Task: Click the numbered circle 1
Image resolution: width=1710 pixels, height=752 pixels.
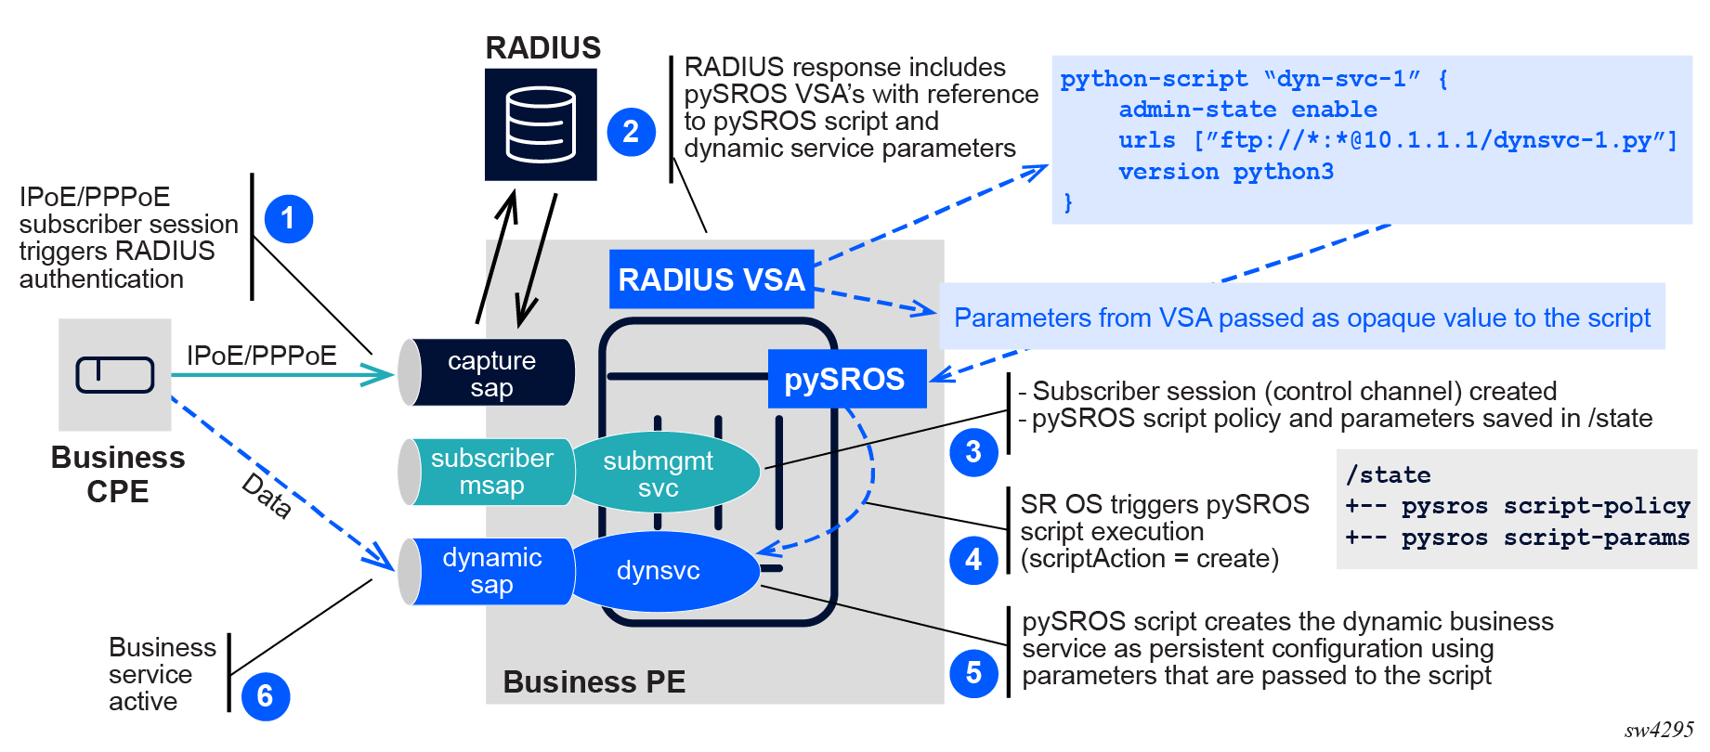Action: [288, 219]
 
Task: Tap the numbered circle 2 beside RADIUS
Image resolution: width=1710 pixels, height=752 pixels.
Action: [631, 132]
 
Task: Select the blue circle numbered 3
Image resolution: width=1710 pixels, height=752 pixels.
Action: [973, 452]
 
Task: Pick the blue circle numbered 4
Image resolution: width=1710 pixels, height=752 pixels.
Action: [973, 560]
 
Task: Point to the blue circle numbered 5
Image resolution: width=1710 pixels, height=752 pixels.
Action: [973, 672]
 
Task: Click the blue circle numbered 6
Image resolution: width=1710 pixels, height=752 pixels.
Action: [265, 696]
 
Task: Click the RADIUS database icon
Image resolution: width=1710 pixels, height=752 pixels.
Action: [541, 124]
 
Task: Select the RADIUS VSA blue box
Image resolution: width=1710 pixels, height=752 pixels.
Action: [711, 279]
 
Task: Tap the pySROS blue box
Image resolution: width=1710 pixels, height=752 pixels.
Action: [845, 379]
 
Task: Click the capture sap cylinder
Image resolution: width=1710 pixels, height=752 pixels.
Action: [489, 373]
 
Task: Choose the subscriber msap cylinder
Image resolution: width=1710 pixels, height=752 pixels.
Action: [489, 472]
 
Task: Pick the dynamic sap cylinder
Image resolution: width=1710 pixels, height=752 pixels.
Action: [489, 571]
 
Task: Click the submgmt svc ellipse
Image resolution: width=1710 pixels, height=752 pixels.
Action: [659, 473]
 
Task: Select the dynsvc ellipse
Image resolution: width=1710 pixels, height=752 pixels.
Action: [659, 570]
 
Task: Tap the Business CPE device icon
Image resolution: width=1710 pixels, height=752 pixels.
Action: [115, 375]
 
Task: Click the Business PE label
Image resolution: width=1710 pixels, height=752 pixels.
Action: [594, 682]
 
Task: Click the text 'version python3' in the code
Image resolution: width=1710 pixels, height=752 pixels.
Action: [1226, 172]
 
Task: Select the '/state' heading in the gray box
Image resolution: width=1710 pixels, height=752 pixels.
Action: [1388, 475]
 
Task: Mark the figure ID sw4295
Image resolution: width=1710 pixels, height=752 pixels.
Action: [1659, 730]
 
